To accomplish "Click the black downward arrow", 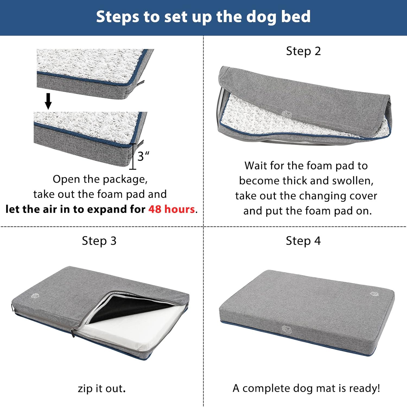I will [48, 101].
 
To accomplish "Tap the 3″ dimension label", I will [143, 156].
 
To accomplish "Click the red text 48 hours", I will [171, 209].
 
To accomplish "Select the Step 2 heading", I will [303, 51].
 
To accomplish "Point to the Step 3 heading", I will [99, 241].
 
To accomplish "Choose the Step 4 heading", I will [303, 241].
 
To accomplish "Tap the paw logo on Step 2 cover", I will [287, 114].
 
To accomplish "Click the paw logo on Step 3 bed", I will [35, 295].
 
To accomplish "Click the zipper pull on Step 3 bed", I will [72, 333].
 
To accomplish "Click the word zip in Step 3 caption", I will [85, 389].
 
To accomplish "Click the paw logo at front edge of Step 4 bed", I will [287, 329].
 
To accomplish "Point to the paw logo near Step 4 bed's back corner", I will [374, 294].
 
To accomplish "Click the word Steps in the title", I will [117, 17].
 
